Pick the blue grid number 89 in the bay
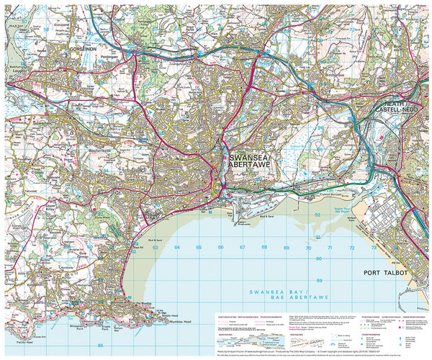(x=319, y=280)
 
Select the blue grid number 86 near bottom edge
(x=101, y=346)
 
